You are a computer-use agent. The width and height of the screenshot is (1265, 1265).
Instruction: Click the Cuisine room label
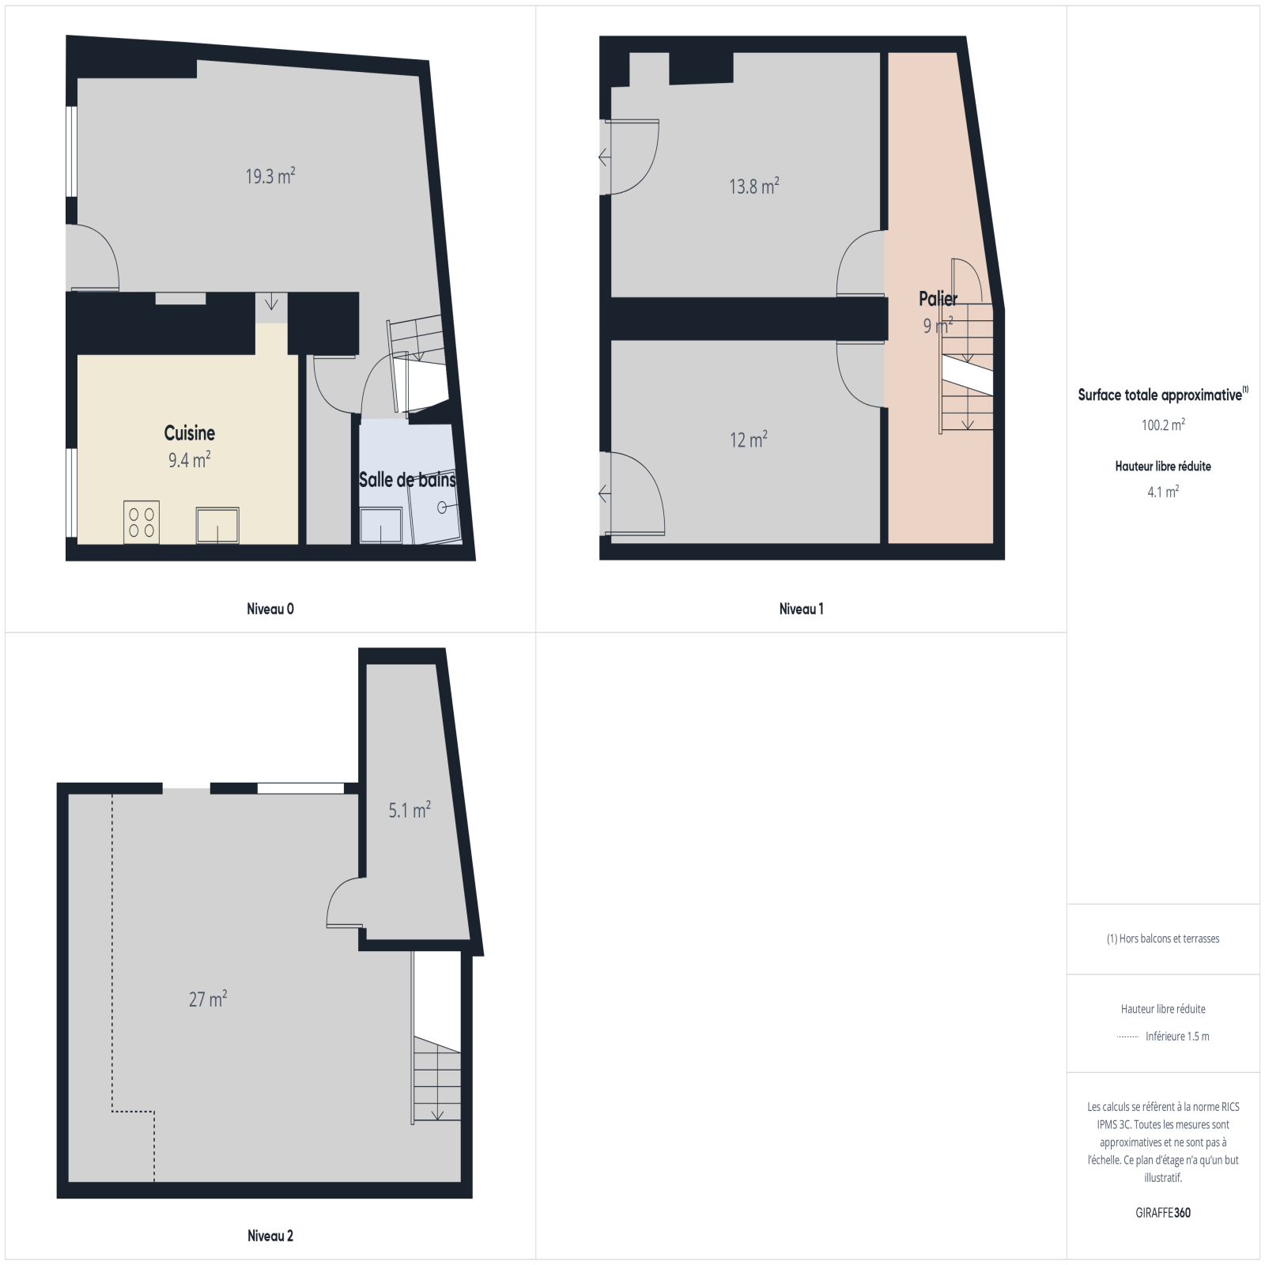[190, 433]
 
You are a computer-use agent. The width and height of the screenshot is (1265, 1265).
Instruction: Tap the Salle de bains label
[407, 480]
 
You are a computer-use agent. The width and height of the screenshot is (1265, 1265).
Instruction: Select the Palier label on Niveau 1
[938, 299]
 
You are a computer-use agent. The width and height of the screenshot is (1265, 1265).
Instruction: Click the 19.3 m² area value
[270, 176]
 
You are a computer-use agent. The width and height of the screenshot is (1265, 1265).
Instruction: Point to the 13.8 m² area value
[754, 186]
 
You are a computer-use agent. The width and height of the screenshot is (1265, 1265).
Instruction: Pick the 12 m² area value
[749, 440]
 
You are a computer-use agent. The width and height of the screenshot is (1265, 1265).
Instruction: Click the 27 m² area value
[208, 999]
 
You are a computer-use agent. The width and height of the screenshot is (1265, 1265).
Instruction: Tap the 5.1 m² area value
[410, 810]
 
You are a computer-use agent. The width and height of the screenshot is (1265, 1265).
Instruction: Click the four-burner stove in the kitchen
[142, 523]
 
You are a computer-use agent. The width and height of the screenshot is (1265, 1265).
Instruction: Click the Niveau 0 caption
[270, 609]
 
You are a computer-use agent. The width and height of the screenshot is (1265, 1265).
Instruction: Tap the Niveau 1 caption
[802, 609]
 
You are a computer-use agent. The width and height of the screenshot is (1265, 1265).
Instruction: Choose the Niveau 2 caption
[270, 1236]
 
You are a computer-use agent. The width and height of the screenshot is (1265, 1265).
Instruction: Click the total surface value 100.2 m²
[1163, 425]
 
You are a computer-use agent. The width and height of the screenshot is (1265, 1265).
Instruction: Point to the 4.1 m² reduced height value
[1163, 492]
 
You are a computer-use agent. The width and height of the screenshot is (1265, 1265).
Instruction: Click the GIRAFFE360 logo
[1163, 1213]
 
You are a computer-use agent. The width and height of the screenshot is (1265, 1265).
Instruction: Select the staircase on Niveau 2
[436, 1079]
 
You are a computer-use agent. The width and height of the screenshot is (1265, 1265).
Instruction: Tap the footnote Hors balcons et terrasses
[1163, 938]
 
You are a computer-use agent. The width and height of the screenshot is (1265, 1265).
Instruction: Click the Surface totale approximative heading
[1163, 395]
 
